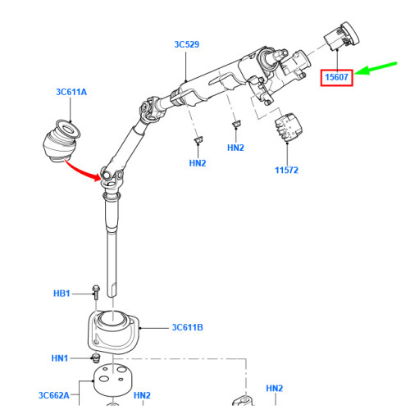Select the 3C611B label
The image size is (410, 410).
coord(188,327)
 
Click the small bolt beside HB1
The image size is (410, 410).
coord(95,290)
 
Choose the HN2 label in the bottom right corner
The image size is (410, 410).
coord(274,388)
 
